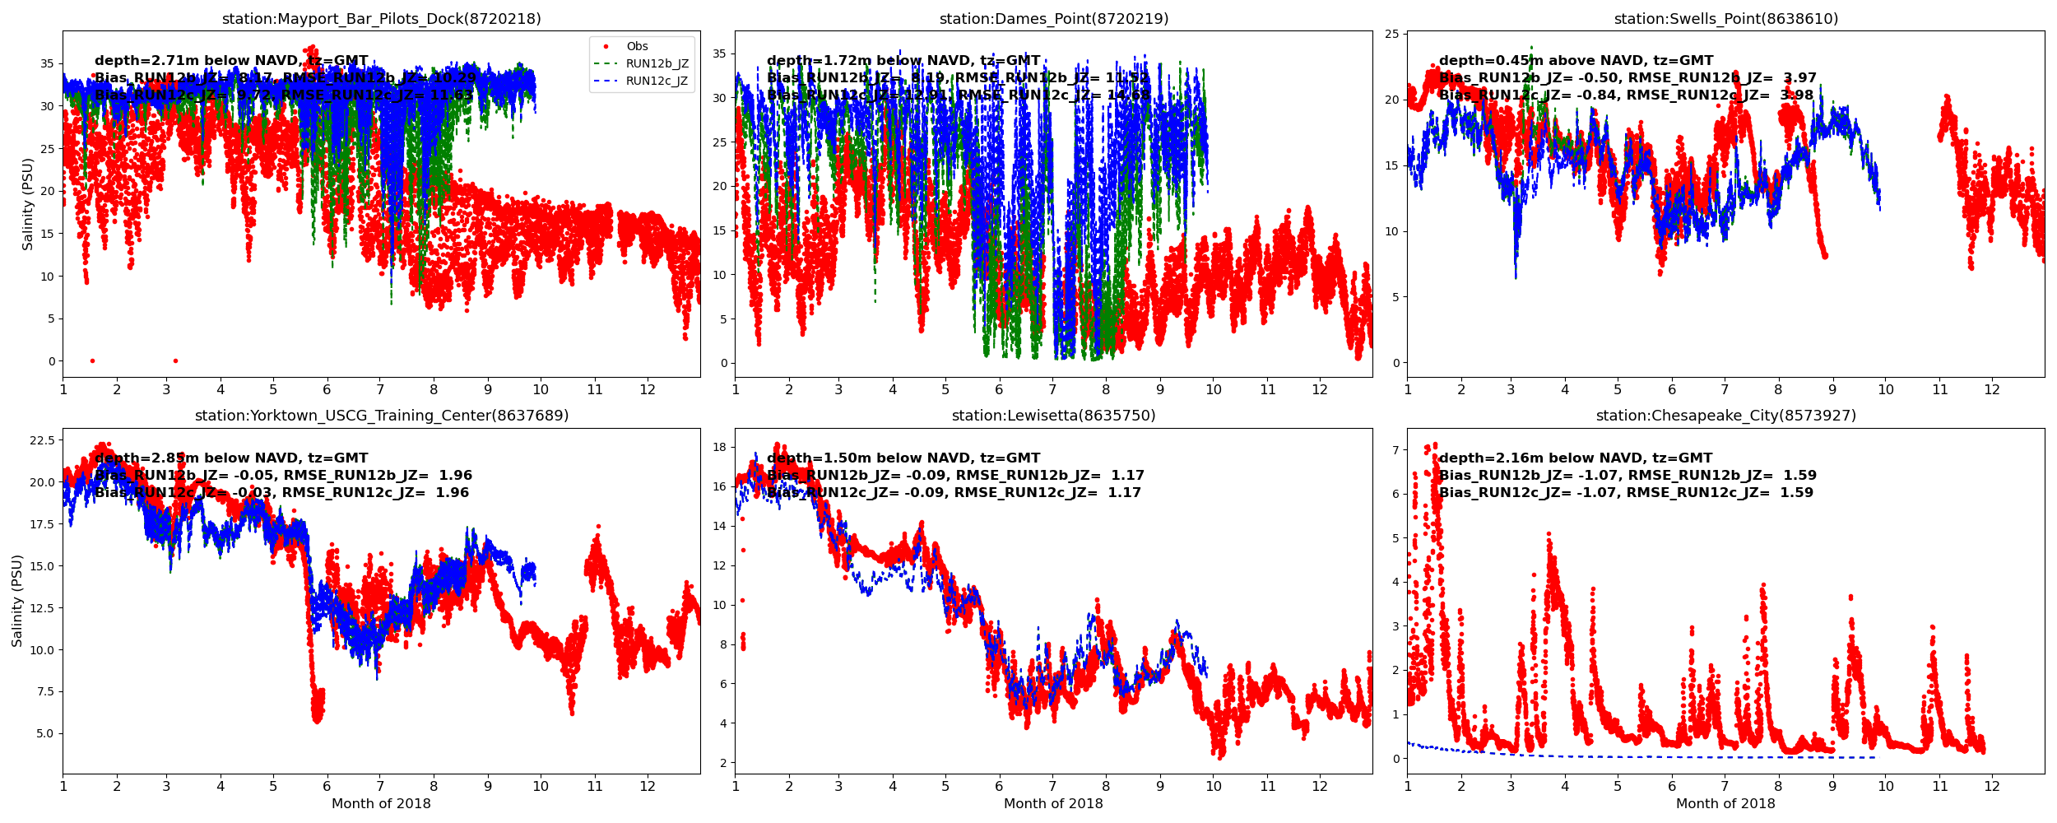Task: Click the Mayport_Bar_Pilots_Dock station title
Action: pos(381,19)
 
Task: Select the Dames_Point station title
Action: pos(1053,19)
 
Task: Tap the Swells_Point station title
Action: pos(1725,19)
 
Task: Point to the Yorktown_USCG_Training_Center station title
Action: pos(381,416)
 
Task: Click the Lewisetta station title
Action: pos(1053,416)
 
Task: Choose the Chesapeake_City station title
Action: pos(1725,416)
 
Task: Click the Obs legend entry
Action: pos(637,47)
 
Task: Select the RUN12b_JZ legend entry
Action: pos(657,64)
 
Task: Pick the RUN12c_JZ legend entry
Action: pos(657,81)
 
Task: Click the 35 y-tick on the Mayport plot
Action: pos(47,63)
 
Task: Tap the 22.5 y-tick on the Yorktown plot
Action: pos(41,440)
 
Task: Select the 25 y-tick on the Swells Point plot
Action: pos(1391,34)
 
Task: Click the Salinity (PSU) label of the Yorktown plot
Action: pos(17,600)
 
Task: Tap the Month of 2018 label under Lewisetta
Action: pos(1053,804)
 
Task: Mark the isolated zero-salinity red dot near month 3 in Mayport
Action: pos(175,360)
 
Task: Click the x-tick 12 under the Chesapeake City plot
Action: pos(1992,786)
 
